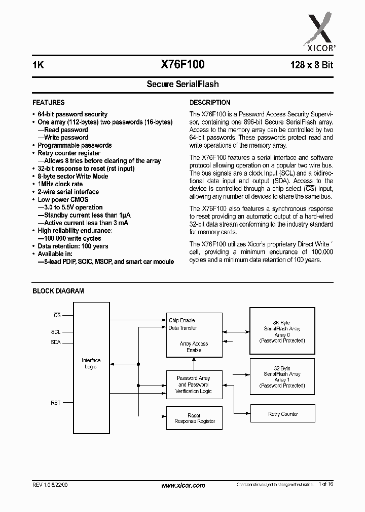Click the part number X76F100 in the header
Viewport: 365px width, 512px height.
182,65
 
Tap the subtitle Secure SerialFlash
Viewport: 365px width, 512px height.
182,84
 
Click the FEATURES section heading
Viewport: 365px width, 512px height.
49,102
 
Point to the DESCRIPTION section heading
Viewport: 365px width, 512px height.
210,102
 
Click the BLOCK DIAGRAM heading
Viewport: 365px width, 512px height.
58,291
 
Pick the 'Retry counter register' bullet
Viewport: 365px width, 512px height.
69,153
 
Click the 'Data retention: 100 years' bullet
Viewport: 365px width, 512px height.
73,246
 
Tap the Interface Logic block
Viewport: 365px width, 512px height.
91,363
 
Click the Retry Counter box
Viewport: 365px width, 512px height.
283,414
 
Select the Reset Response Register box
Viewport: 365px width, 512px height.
195,418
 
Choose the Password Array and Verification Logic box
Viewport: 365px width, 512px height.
195,385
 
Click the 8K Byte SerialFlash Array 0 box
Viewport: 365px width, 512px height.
282,331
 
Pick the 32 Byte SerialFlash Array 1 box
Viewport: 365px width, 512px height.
282,376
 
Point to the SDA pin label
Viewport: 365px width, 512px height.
55,342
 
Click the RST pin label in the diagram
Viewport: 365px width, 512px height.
55,403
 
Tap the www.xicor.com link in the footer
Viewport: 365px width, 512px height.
183,485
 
